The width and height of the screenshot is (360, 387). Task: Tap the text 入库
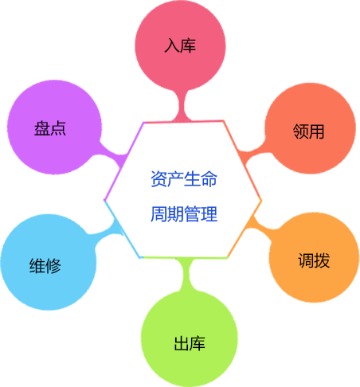tap(180, 46)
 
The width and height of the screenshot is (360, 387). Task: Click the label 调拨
tap(314, 261)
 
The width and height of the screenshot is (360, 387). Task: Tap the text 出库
tap(190, 344)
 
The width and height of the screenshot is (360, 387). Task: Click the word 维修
tap(46, 266)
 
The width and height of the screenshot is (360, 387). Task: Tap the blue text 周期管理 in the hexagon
tap(184, 215)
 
